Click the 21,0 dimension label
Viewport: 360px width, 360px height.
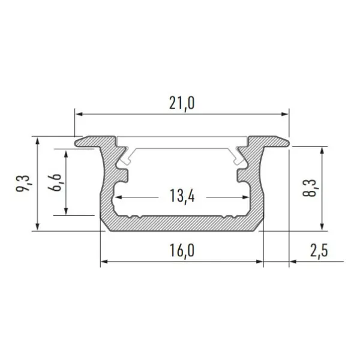pyautogui.click(x=182, y=103)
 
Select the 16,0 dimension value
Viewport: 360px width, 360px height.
pyautogui.click(x=182, y=250)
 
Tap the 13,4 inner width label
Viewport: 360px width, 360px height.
pyautogui.click(x=182, y=196)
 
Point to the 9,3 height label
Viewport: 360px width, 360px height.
pyautogui.click(x=23, y=183)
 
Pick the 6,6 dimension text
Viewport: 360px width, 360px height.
pyautogui.click(x=55, y=182)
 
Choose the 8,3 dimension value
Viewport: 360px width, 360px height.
pyautogui.click(x=310, y=188)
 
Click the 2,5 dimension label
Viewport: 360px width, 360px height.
pyautogui.click(x=319, y=250)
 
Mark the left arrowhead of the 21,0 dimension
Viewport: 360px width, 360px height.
pyautogui.click(x=79, y=114)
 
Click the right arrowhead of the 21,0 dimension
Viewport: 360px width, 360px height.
pyautogui.click(x=285, y=114)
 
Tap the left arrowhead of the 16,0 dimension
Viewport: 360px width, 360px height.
pyautogui.click(x=104, y=262)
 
